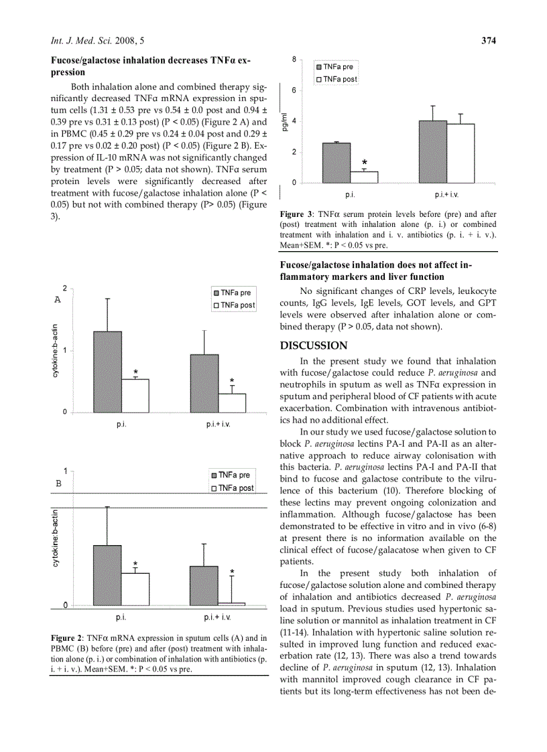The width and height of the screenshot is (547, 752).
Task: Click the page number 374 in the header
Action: pyautogui.click(x=488, y=41)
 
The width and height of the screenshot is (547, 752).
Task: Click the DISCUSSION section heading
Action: pyautogui.click(x=314, y=346)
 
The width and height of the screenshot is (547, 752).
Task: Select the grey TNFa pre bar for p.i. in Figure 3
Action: pyautogui.click(x=336, y=162)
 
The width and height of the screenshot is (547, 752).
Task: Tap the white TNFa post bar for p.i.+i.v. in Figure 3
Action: pyautogui.click(x=461, y=153)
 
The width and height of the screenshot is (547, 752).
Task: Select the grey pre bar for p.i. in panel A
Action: pyautogui.click(x=107, y=372)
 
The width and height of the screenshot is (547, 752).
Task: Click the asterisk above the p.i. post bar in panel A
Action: pyautogui.click(x=135, y=372)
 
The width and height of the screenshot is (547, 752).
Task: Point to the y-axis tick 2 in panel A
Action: pyautogui.click(x=64, y=288)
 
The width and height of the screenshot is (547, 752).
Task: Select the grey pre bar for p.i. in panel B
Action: pyautogui.click(x=107, y=575)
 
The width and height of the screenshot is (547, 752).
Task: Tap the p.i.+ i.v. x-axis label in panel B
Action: pyautogui.click(x=218, y=617)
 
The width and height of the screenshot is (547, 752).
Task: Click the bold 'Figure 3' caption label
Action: pyautogui.click(x=296, y=214)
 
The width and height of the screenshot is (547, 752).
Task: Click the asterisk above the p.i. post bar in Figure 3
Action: pyautogui.click(x=365, y=163)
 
